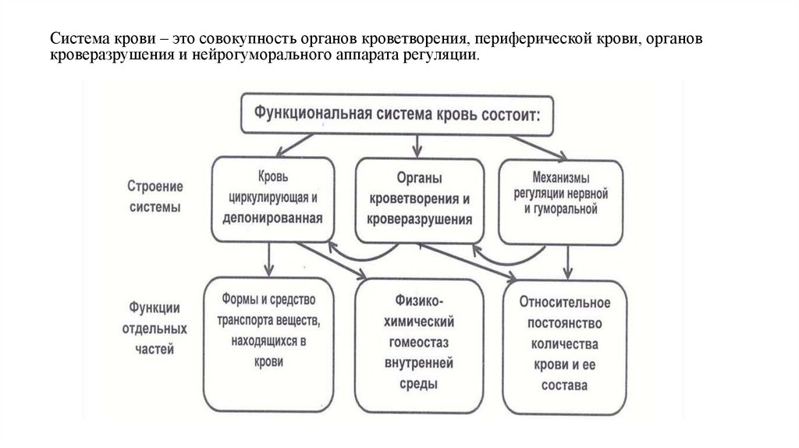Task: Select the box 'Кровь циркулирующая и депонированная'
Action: pos(273,198)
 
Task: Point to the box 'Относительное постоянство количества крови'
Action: pos(566,343)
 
